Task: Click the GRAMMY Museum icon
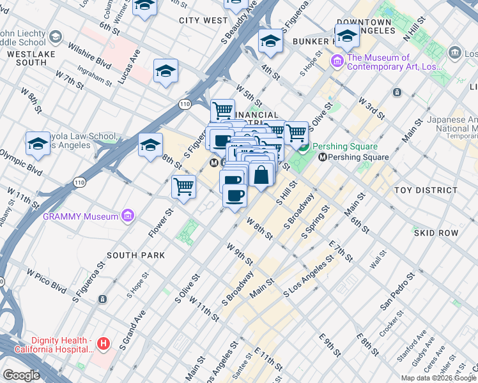(128, 216)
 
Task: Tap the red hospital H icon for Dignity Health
(104, 345)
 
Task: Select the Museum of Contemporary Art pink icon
(337, 62)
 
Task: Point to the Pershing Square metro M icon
(323, 157)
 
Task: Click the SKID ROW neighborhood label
(436, 233)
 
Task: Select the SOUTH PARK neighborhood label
(135, 255)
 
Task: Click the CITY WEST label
(203, 20)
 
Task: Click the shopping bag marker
(261, 174)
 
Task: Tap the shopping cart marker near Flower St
(183, 187)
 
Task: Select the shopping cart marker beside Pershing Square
(296, 133)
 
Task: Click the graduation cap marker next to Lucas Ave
(166, 71)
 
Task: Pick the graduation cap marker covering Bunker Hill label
(347, 36)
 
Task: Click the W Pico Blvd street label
(46, 280)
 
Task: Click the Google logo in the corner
(21, 375)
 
